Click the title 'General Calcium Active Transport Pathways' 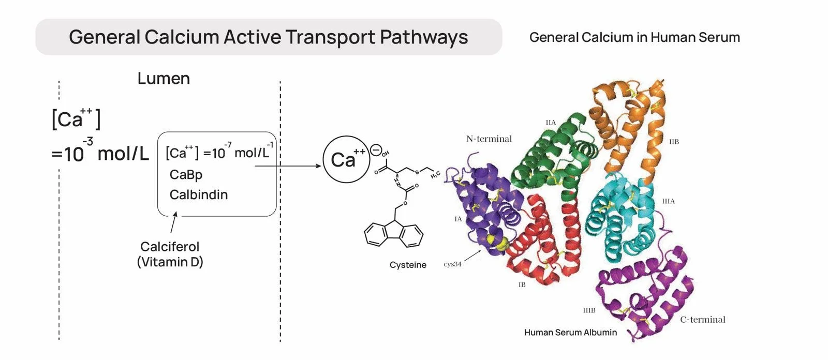click(268, 37)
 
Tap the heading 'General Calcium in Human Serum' click(634, 37)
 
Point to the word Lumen click(164, 79)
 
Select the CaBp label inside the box click(186, 175)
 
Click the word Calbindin click(199, 194)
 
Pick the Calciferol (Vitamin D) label click(170, 254)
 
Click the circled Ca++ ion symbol click(346, 159)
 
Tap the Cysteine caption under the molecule click(408, 265)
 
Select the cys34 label click(452, 264)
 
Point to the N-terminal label click(489, 139)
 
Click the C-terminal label click(703, 320)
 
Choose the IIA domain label click(551, 123)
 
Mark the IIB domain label click(674, 141)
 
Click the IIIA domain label click(669, 201)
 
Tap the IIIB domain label click(589, 310)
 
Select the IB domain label click(522, 284)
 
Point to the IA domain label click(458, 219)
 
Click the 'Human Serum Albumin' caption click(570, 332)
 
